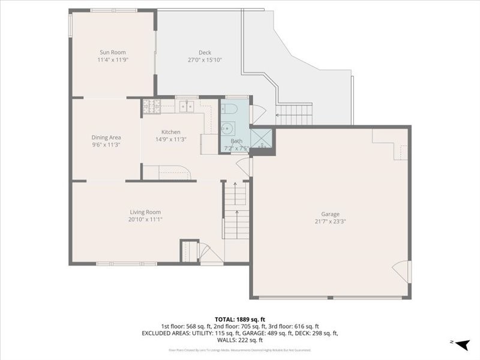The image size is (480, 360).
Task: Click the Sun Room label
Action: (112, 52)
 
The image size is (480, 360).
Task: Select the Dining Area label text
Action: (106, 137)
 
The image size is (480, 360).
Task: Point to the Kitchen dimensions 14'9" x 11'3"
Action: (170, 139)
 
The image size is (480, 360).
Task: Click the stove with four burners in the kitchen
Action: (151, 107)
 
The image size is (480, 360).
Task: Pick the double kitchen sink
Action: (187, 107)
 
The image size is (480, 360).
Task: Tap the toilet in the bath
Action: (228, 110)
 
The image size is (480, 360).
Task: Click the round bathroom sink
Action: (227, 128)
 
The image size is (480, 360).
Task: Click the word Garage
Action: (330, 214)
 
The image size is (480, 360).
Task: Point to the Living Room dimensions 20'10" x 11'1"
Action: (145, 220)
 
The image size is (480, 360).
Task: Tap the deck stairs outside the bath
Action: (294, 110)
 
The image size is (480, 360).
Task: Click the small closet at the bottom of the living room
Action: (190, 250)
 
